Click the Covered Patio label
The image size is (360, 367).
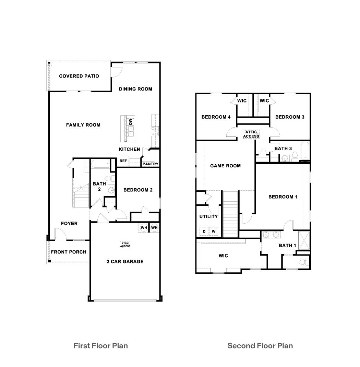79,76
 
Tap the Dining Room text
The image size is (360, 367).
135,89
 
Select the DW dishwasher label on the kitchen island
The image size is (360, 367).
130,121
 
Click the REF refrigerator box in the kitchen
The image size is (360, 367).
123,161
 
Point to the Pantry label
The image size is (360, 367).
151,164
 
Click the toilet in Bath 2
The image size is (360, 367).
109,178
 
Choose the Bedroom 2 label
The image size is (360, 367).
138,190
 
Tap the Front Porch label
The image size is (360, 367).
69,252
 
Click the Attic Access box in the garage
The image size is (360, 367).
125,245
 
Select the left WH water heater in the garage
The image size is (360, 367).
144,228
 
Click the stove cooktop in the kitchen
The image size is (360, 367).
155,130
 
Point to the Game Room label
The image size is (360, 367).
225,166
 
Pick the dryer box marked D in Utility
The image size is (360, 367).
204,232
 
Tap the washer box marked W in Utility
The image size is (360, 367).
214,232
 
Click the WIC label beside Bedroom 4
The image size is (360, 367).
242,101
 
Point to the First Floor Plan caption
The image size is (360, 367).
100,345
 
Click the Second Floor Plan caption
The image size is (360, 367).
260,345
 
